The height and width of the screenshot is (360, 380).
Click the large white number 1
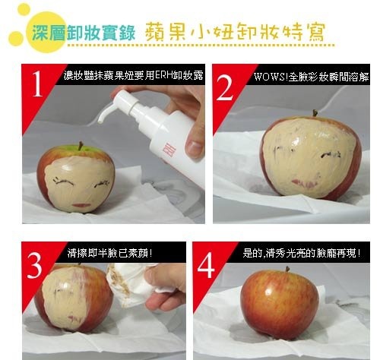[x=38, y=84]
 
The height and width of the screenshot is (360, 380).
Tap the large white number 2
[x=224, y=87]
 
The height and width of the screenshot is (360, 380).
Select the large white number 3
[x=34, y=266]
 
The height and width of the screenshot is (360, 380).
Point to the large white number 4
[x=206, y=266]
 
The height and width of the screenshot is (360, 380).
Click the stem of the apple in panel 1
[x=81, y=146]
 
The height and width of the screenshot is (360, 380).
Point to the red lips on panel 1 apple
[x=81, y=205]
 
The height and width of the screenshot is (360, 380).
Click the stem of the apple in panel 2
[x=315, y=113]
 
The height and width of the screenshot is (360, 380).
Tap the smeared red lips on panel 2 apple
[x=305, y=184]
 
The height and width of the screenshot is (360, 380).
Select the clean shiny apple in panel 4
[x=280, y=305]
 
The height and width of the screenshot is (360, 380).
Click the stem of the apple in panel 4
[x=287, y=269]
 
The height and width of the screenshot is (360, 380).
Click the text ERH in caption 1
[x=163, y=75]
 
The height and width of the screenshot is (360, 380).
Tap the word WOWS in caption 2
[x=270, y=77]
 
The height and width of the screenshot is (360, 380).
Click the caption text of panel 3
[x=110, y=253]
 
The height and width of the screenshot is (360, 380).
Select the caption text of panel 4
[x=302, y=253]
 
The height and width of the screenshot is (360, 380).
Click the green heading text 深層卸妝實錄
[x=84, y=33]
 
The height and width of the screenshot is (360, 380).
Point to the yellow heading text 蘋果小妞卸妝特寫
[x=235, y=32]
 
